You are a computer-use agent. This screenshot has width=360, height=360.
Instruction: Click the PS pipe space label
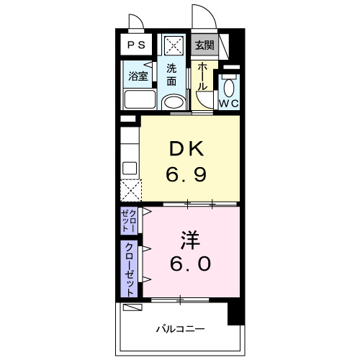[135, 45]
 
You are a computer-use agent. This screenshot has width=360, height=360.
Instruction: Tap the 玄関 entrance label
[204, 45]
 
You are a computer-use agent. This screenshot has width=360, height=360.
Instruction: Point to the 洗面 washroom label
[171, 75]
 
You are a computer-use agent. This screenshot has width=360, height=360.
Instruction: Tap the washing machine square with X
[174, 45]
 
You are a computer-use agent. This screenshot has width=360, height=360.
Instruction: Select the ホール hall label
[204, 75]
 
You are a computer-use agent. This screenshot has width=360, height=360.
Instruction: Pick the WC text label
[229, 104]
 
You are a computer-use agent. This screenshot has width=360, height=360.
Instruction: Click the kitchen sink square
[130, 168]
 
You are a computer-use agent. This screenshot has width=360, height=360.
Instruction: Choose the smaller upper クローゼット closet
[130, 220]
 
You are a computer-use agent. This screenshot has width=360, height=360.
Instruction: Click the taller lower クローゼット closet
[130, 268]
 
